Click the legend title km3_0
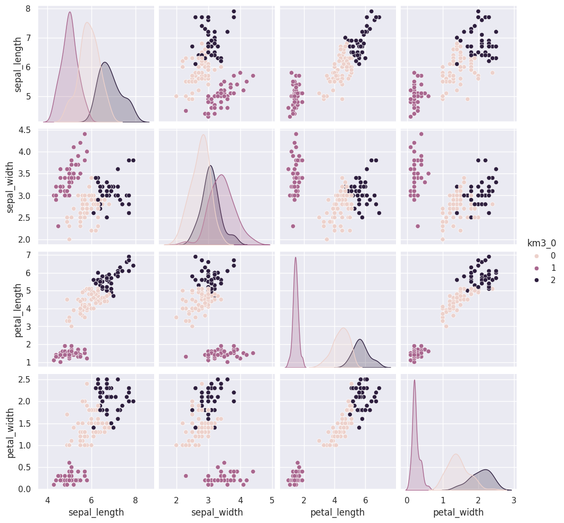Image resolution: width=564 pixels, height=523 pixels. (x=541, y=244)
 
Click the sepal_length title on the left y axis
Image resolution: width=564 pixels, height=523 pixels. (x=19, y=64)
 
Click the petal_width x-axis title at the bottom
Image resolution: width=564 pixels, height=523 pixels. (x=458, y=512)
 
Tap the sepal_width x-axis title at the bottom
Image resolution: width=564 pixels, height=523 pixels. (x=216, y=512)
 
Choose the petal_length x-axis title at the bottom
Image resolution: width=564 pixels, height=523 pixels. (x=338, y=512)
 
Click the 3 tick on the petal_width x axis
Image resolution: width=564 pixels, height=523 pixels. (x=514, y=500)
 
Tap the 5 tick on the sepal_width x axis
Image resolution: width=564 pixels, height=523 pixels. (x=272, y=500)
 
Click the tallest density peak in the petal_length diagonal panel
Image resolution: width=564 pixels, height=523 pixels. (x=296, y=258)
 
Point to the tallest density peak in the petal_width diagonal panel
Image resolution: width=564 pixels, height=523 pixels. (x=414, y=380)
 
